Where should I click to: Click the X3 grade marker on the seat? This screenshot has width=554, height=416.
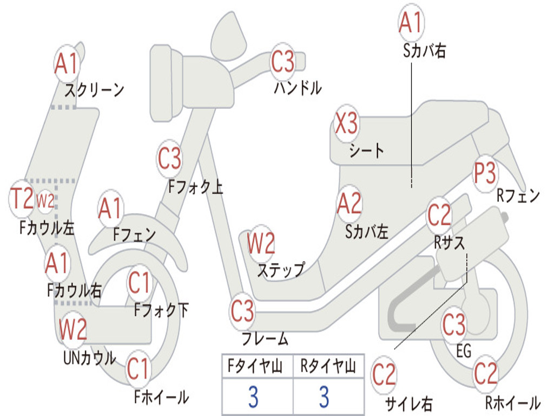point(346,123)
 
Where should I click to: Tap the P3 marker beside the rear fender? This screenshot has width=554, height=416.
point(485,173)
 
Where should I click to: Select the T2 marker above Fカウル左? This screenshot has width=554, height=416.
point(22,198)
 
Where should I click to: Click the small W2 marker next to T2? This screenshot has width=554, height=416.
point(45,201)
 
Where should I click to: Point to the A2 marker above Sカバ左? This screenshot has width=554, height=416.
point(349,204)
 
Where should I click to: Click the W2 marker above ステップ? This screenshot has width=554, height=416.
point(261,243)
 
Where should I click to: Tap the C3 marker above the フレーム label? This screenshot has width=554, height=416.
point(242,311)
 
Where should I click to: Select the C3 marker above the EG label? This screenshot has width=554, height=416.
point(454,324)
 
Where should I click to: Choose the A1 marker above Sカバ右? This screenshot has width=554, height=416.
point(411,22)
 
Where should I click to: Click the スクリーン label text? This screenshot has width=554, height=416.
point(94,90)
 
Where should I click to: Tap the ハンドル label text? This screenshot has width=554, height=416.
point(298,88)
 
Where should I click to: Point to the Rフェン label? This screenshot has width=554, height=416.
point(518,196)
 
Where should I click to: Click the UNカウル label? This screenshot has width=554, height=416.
point(90,358)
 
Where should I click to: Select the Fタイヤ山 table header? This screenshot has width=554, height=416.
point(255,366)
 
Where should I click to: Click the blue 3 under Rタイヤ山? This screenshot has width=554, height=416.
point(325,396)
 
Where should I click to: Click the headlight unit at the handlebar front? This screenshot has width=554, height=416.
point(166,83)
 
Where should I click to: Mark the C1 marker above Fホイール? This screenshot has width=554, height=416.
point(138,368)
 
